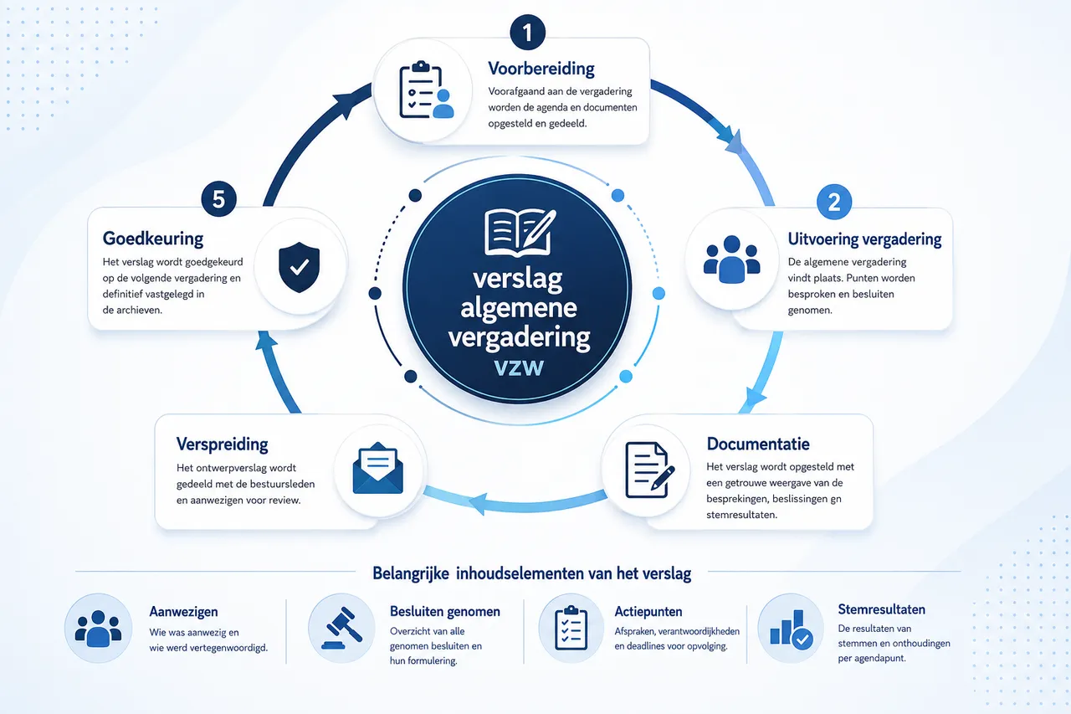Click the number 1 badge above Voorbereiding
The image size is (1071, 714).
pyautogui.click(x=527, y=33)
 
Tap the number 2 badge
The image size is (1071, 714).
pyautogui.click(x=834, y=202)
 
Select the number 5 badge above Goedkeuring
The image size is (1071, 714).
pyautogui.click(x=218, y=199)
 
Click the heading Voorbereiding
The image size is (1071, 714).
pyautogui.click(x=541, y=69)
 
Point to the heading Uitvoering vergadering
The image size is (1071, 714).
pyautogui.click(x=864, y=239)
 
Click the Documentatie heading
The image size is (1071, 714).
pyautogui.click(x=758, y=444)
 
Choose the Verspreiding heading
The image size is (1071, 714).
pyautogui.click(x=222, y=444)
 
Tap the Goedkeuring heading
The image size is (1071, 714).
pyautogui.click(x=153, y=239)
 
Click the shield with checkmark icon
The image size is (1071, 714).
pyautogui.click(x=300, y=267)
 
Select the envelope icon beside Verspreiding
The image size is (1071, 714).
pyautogui.click(x=377, y=468)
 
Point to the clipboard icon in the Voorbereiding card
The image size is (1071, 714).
pyautogui.click(x=426, y=90)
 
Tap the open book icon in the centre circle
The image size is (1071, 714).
pyautogui.click(x=520, y=232)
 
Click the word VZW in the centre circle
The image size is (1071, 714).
pyautogui.click(x=519, y=367)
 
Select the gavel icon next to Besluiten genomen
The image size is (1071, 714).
pyautogui.click(x=341, y=628)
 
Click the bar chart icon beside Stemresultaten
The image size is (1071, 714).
pyautogui.click(x=792, y=629)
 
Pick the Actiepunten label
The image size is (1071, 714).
pyautogui.click(x=648, y=612)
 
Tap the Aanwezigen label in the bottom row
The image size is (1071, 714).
pyautogui.click(x=183, y=612)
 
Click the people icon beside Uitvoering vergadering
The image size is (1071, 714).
pyautogui.click(x=731, y=259)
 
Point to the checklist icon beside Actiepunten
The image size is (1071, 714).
pyautogui.click(x=571, y=628)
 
